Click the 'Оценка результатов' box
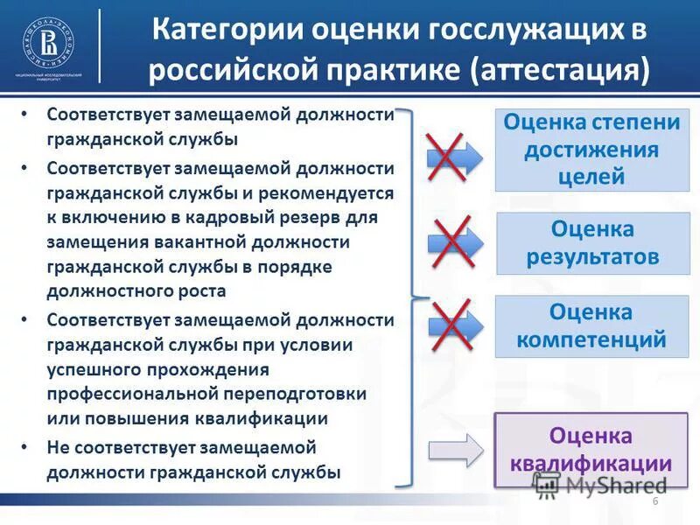(592, 243)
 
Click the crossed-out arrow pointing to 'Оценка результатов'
(455, 241)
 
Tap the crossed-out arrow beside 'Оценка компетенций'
(455, 325)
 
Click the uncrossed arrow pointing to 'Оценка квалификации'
(455, 450)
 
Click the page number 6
(654, 500)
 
